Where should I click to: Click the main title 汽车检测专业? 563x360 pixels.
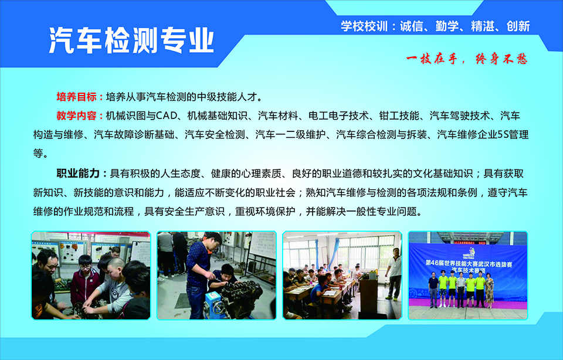[131, 40]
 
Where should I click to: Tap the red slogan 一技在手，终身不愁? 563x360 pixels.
[467, 59]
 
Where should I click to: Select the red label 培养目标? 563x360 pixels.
[76, 97]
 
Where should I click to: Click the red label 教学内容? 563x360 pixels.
[76, 116]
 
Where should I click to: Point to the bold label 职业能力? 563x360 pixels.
[78, 174]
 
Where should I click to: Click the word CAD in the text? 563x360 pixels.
[167, 116]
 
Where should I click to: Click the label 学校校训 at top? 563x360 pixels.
[364, 26]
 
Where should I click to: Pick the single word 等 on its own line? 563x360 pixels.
[39, 154]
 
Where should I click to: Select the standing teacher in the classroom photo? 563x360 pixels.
[394, 273]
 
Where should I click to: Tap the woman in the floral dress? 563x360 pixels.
[489, 290]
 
